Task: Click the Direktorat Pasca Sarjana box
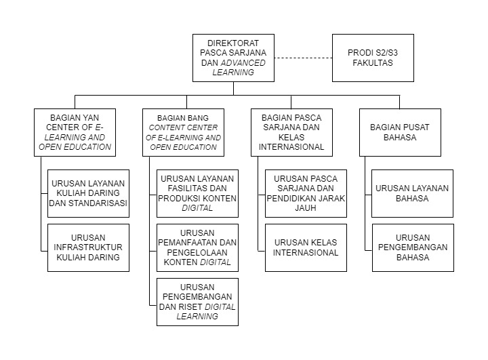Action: point(233,58)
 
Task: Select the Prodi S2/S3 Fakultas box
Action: point(373,58)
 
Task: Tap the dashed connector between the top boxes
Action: point(303,58)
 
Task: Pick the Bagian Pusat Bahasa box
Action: point(400,132)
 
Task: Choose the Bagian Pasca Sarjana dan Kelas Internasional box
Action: point(291,132)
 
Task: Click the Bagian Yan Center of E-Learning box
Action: point(75,132)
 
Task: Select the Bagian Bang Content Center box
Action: point(183,132)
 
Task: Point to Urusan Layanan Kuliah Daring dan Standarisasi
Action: point(88,193)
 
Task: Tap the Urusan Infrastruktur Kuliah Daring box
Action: point(88,247)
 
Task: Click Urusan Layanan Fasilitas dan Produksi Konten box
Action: point(197,193)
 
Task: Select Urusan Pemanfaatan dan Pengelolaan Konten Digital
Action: point(197,247)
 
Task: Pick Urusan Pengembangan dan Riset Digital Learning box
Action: point(197,302)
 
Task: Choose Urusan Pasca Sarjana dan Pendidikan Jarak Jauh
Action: point(306,193)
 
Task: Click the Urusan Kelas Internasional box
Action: point(306,247)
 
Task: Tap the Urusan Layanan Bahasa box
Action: point(412,193)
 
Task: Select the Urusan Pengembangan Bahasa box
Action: point(413,247)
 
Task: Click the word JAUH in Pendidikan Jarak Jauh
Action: point(306,207)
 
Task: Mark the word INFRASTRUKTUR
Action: point(88,247)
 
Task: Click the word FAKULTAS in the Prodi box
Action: point(373,62)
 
